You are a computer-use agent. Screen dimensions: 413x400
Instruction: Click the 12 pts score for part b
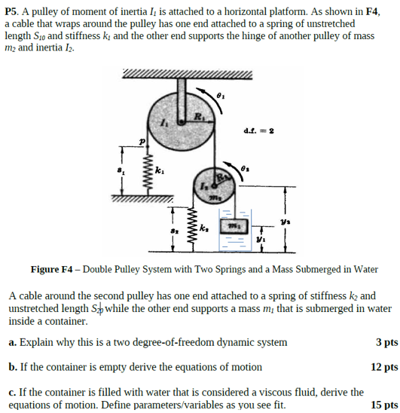tap(383, 367)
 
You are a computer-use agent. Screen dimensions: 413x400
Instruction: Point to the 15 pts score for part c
tap(383, 405)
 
